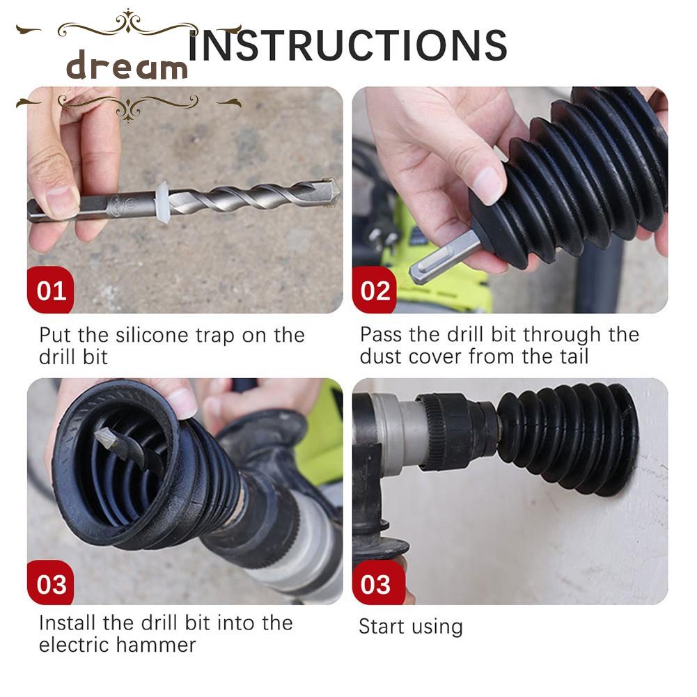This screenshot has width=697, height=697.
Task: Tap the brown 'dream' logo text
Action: click(x=127, y=65)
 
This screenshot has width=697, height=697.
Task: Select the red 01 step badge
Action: click(x=51, y=290)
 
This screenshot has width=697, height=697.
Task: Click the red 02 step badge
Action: click(x=375, y=290)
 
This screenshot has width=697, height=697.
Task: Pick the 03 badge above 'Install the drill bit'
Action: click(x=51, y=583)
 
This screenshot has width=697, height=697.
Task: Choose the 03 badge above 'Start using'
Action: click(x=375, y=583)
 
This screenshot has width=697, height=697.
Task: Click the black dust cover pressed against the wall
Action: click(x=569, y=439)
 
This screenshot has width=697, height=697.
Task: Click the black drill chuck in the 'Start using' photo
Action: click(x=458, y=430)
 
